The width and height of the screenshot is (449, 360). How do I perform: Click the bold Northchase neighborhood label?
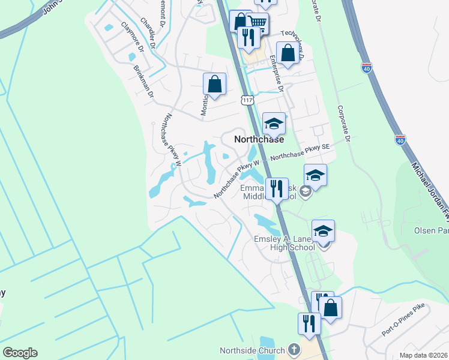[x=258, y=139]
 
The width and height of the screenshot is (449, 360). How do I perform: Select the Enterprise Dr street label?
[x=276, y=73]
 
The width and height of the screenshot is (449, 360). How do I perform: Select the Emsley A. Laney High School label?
[x=285, y=242]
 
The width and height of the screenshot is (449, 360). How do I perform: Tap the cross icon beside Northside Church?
[x=294, y=349]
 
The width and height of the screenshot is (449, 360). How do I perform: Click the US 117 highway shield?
[x=247, y=100]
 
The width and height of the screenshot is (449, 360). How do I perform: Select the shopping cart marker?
[x=258, y=23]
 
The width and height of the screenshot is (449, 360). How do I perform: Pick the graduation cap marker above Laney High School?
[x=323, y=230]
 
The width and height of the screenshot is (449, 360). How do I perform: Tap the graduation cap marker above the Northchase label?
[x=274, y=123]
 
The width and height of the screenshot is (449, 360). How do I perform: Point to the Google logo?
[x=20, y=353]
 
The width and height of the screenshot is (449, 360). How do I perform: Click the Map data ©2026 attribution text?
[x=423, y=355]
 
